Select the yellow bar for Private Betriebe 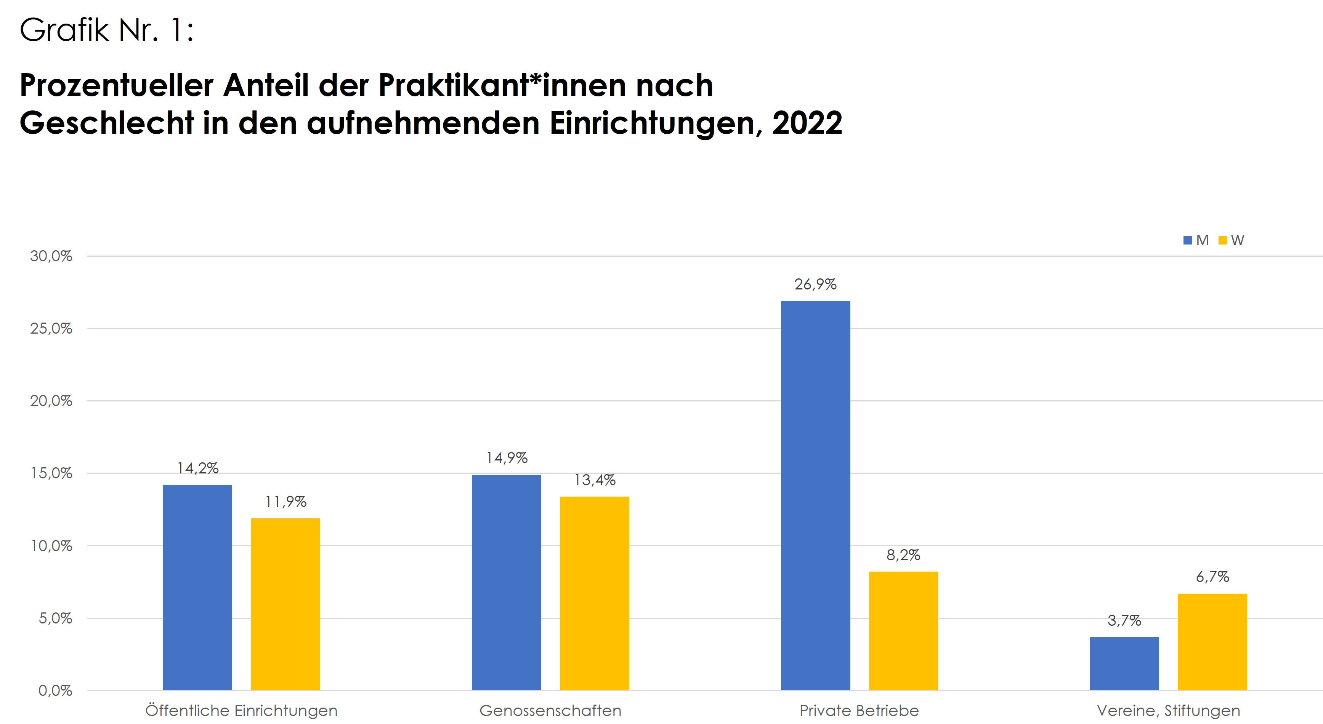coord(903,631)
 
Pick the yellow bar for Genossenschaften coord(594,593)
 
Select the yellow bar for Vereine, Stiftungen coord(1212,642)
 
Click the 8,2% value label coord(903,555)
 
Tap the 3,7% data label coord(1124,620)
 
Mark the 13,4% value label coord(594,480)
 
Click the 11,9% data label coord(285,501)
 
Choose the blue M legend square coord(1187,240)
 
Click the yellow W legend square coord(1222,240)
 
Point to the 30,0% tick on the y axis coord(51,256)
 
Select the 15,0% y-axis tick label coord(51,473)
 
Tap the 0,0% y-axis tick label coord(55,690)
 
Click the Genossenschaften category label coord(550,711)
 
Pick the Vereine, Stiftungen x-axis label coord(1168,711)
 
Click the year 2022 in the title coord(807,123)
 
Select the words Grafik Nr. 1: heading coord(106,30)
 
